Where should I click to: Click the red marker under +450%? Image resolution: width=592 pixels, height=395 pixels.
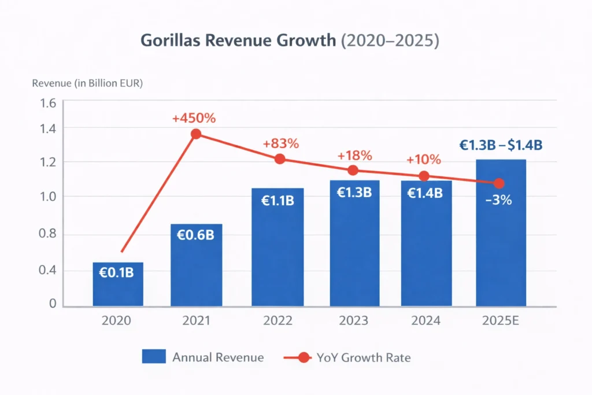click(x=196, y=134)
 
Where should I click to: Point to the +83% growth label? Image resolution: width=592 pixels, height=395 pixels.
click(x=280, y=143)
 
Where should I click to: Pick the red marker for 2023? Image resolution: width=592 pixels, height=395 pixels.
click(x=353, y=170)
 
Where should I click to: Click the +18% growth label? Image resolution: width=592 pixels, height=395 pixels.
click(x=354, y=156)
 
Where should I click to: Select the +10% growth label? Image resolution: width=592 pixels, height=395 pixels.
click(x=423, y=160)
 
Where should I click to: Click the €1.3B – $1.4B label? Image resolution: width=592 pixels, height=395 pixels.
click(x=501, y=146)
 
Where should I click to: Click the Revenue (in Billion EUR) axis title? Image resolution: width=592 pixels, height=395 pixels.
click(x=87, y=83)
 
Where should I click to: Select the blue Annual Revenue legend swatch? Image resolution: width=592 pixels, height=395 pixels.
click(x=154, y=357)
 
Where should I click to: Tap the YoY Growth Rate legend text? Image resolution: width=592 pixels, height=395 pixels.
click(x=364, y=357)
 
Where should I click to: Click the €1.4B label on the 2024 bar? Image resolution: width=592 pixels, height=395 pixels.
click(x=425, y=193)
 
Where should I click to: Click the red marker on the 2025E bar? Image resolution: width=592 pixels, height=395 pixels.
click(x=499, y=183)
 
